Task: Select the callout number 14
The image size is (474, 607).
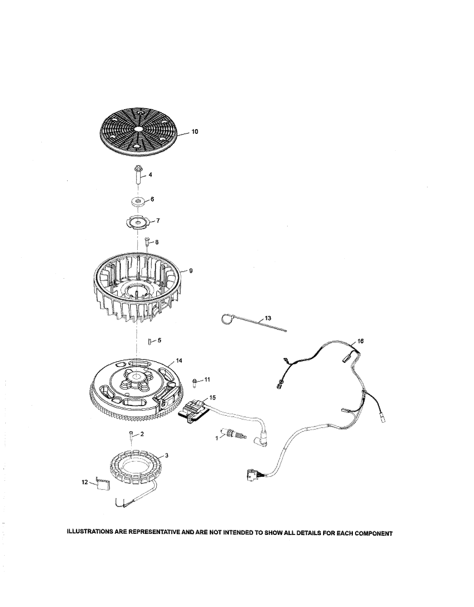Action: [179, 361]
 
